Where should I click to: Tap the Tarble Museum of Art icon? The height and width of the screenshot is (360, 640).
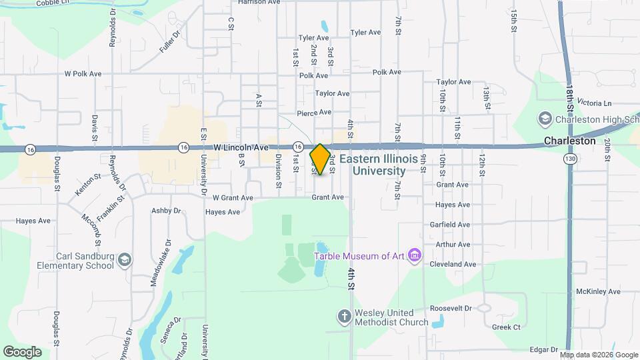(415, 255)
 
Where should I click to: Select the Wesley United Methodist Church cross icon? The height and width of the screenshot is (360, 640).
(344, 317)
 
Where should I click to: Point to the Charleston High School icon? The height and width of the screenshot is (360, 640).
(545, 119)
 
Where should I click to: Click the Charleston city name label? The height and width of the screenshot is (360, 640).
(569, 141)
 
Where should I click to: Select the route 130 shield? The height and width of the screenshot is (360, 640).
(569, 159)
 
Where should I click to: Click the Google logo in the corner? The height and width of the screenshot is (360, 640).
(22, 351)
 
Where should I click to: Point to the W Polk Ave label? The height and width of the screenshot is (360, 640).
(83, 73)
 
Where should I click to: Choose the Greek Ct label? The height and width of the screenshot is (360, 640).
(506, 327)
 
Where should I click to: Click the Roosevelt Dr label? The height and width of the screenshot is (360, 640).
(451, 309)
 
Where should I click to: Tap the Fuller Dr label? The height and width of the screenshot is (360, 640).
(171, 42)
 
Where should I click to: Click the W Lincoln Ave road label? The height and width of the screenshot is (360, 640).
(241, 147)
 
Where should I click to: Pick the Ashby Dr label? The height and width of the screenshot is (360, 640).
(166, 211)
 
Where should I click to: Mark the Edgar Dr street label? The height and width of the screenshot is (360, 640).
(544, 349)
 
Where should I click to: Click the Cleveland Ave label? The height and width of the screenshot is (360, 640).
(453, 264)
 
